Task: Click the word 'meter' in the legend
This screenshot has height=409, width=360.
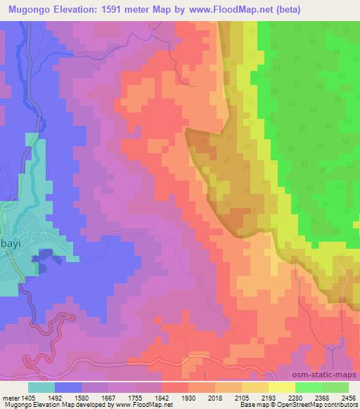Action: (10, 397)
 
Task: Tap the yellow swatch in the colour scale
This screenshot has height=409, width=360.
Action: (282, 387)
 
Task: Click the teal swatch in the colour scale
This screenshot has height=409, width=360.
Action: (41, 387)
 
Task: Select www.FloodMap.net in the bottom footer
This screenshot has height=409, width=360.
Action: (146, 405)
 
